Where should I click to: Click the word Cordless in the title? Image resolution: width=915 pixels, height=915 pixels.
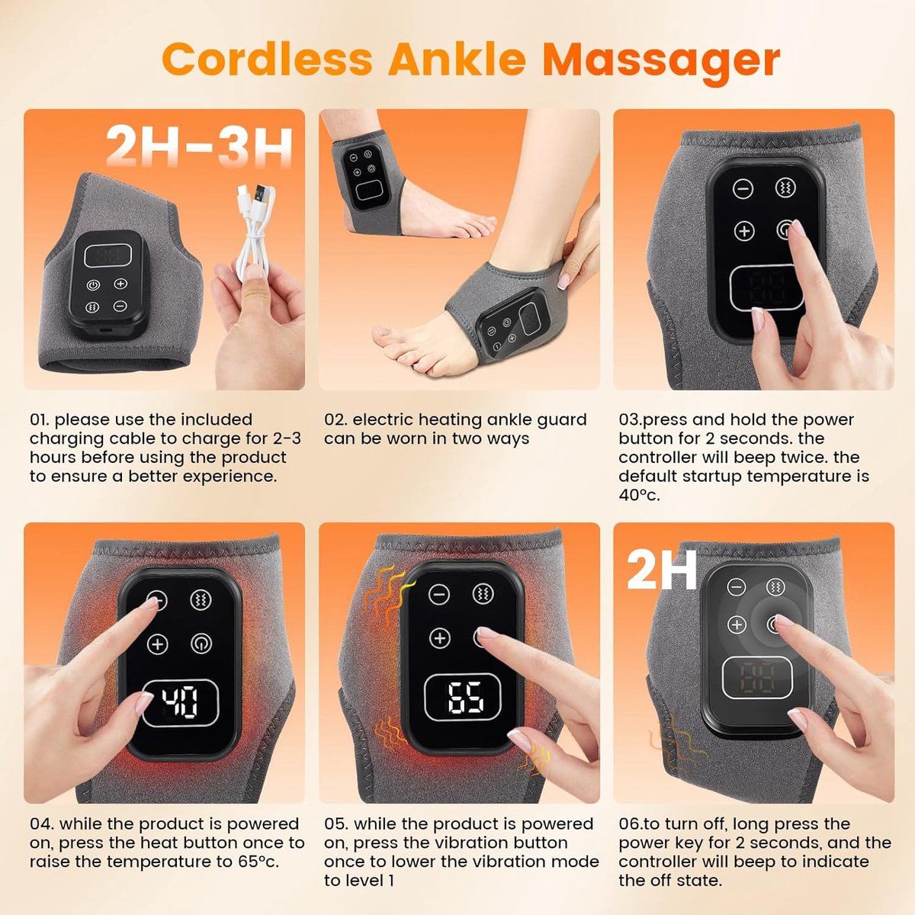point(267,59)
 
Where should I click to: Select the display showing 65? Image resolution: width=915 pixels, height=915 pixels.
point(463,698)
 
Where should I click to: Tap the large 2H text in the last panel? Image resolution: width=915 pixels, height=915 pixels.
point(662,570)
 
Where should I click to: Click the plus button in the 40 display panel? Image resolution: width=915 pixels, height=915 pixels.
point(158,644)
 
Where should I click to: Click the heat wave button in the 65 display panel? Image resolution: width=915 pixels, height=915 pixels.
point(483,593)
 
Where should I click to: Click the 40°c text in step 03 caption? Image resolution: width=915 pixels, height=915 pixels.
point(639,496)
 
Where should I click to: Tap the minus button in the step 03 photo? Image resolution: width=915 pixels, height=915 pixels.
point(743,188)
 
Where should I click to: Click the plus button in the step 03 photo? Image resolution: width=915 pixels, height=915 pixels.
point(744,231)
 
